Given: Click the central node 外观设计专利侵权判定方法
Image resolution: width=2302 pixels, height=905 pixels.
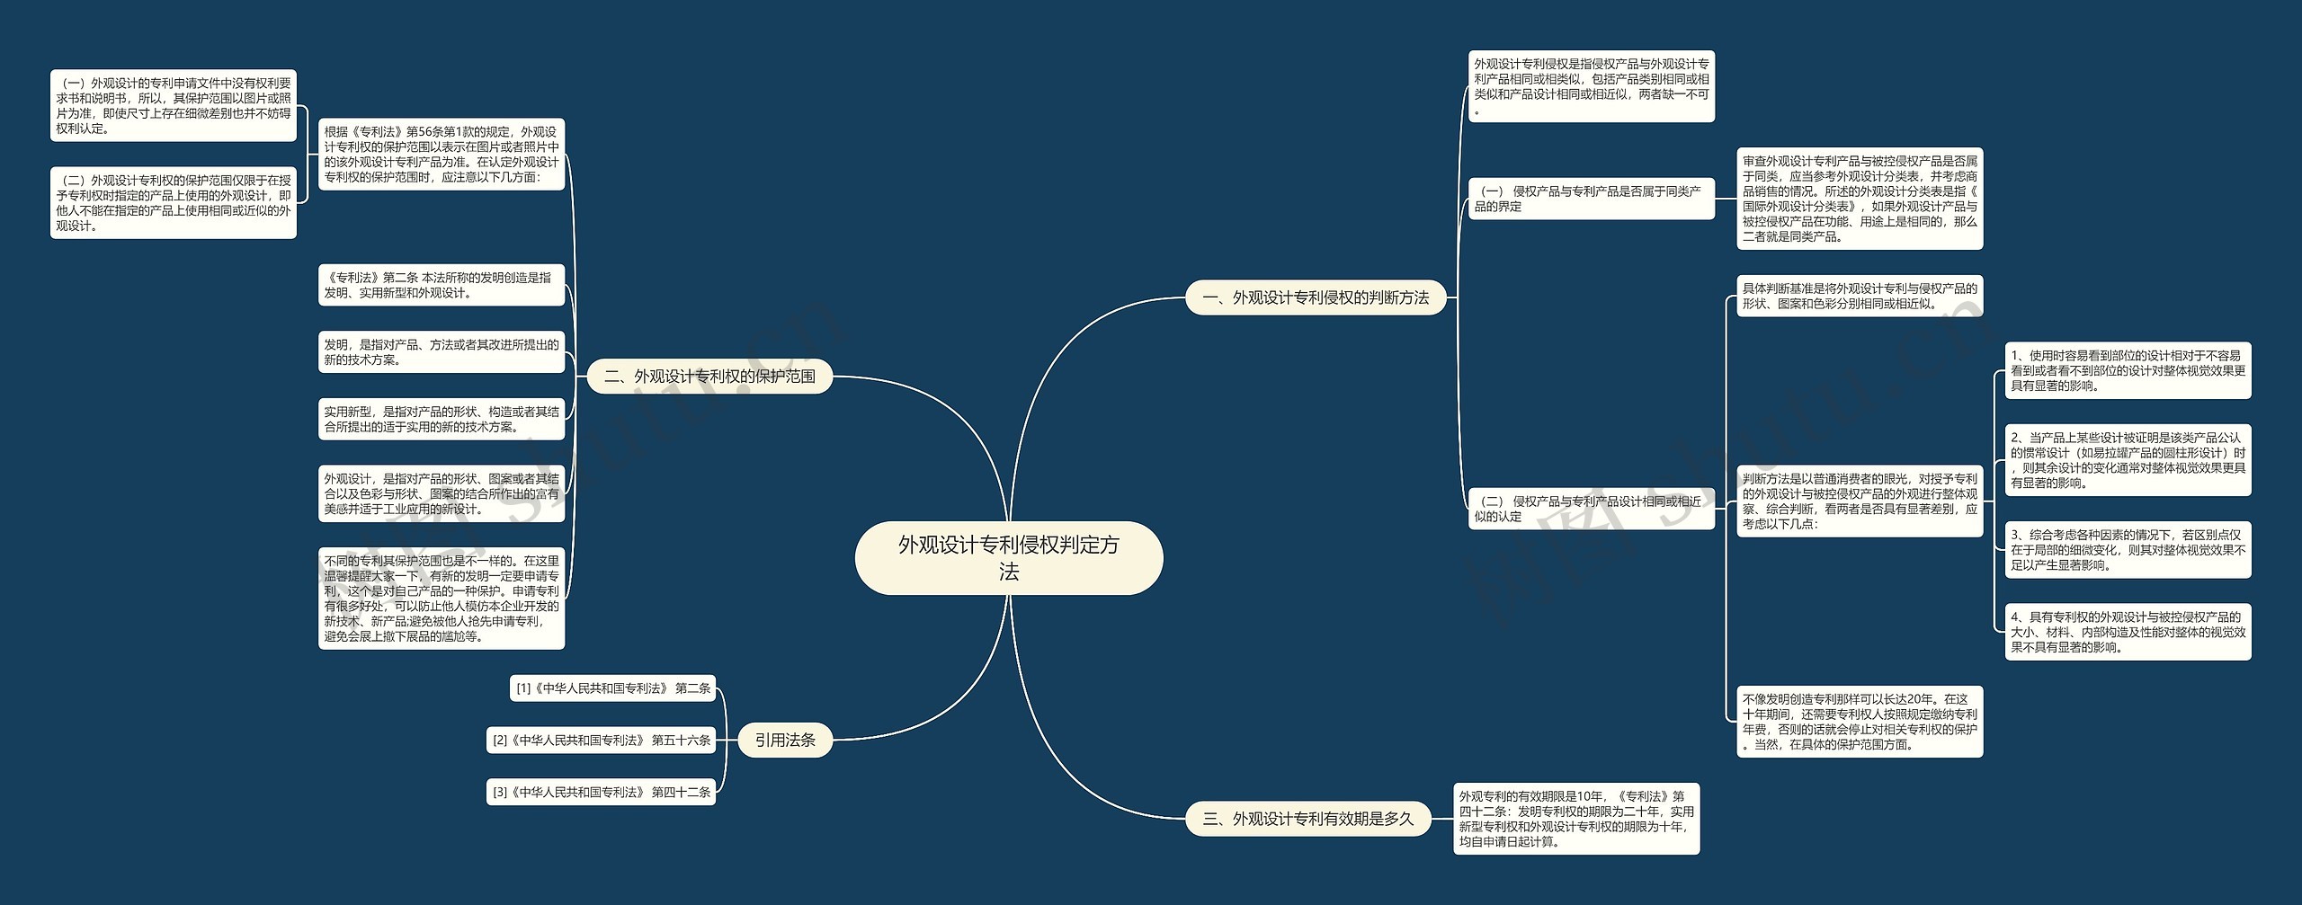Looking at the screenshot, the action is click(x=1008, y=558).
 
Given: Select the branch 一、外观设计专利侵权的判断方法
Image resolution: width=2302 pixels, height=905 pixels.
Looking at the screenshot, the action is click(x=1315, y=297).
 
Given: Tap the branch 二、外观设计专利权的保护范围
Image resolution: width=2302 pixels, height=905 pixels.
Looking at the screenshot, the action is click(x=709, y=377).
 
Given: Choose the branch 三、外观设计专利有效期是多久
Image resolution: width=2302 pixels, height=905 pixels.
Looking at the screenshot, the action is click(x=1307, y=819).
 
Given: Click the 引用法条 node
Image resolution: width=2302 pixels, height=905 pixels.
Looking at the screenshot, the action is click(x=785, y=740).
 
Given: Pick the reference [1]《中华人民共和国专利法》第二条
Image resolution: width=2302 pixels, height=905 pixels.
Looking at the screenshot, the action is click(x=612, y=688).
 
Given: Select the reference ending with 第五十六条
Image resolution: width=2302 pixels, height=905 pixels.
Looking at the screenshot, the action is click(x=601, y=741).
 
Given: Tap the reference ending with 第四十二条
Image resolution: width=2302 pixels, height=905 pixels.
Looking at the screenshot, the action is click(x=601, y=792).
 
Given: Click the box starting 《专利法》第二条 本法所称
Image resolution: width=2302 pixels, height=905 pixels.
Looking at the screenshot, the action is click(x=441, y=285).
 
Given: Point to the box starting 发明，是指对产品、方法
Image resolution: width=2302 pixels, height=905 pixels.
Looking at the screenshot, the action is click(x=441, y=352).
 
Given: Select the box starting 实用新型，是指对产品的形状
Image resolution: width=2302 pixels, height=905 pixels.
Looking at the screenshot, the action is click(x=441, y=419).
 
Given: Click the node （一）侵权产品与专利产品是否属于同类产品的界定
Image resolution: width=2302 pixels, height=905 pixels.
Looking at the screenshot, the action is click(x=1591, y=199).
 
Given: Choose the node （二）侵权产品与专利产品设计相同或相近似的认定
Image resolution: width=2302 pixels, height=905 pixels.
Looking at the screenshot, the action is click(x=1591, y=509).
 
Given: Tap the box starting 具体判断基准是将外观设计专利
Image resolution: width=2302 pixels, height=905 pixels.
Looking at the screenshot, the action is click(x=1859, y=296).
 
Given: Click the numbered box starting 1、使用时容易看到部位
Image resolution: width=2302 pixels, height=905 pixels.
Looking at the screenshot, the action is click(x=2128, y=370).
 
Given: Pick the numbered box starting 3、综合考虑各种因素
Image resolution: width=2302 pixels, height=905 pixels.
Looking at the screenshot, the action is click(x=2128, y=549).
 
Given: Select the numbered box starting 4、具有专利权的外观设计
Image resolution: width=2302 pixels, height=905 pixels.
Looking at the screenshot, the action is click(x=2128, y=632).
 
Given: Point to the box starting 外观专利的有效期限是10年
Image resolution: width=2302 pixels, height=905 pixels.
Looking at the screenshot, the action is click(x=1576, y=819).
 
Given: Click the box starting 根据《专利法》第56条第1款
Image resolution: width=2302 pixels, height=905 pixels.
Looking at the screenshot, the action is click(x=441, y=155).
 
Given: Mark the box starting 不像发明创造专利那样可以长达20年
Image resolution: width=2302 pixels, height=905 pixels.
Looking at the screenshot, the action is click(x=1859, y=722).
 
